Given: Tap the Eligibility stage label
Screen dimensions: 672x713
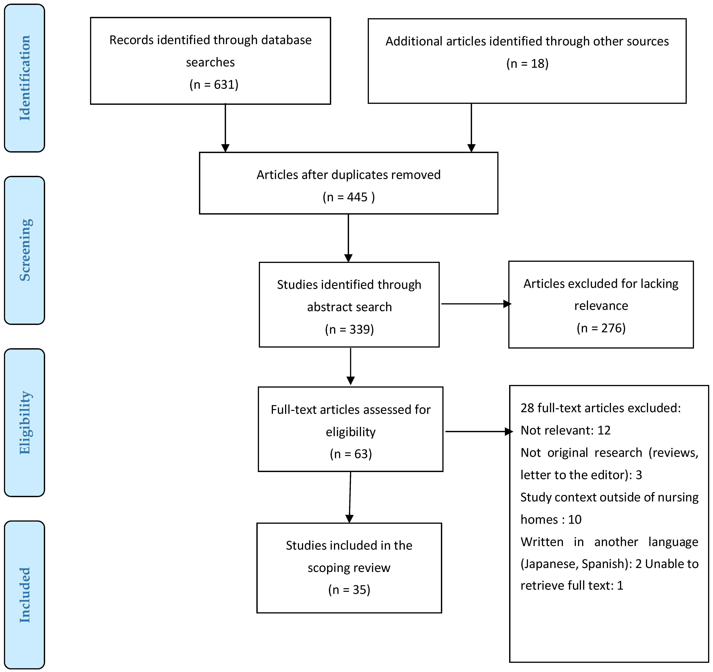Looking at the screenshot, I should click(24, 422).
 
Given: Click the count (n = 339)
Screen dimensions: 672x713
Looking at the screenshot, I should click(349, 329).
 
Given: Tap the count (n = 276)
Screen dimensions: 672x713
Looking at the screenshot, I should click(601, 328).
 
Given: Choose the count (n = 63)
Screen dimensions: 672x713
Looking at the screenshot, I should click(351, 454).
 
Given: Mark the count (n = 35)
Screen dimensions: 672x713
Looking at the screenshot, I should click(349, 590).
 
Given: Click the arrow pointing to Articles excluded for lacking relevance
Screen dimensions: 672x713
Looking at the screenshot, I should click(475, 304).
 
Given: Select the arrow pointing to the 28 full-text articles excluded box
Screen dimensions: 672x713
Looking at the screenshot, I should click(478, 432).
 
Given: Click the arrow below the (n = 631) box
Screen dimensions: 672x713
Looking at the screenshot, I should click(225, 128).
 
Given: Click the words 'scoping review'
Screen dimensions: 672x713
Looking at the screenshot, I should click(349, 568).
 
